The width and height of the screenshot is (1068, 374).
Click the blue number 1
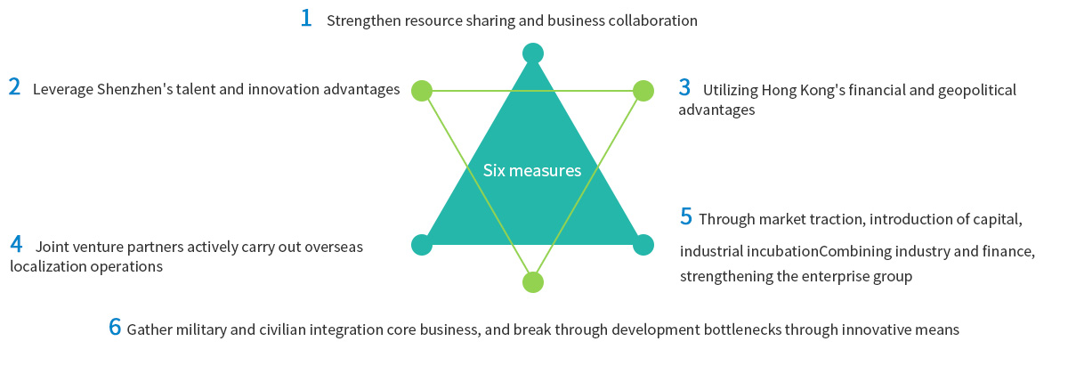[306, 18]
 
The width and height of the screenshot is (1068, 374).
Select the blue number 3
[684, 87]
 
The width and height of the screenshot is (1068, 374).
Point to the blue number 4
[16, 244]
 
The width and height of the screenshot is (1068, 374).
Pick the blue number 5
[685, 216]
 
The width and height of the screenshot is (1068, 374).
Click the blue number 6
[115, 327]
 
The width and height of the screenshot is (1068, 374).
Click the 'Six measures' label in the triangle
[532, 170]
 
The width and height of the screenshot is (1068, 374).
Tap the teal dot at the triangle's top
[532, 53]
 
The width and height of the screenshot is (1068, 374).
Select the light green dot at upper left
[422, 91]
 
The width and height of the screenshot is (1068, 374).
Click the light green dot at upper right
[643, 91]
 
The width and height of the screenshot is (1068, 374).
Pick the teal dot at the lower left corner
[422, 245]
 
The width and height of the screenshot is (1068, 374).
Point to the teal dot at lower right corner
[643, 245]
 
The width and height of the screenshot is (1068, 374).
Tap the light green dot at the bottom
[532, 282]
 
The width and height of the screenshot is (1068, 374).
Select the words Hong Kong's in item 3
[805, 90]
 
